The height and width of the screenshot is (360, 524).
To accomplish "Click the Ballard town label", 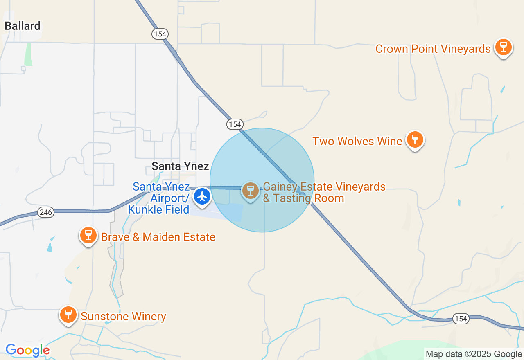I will pos(23,26).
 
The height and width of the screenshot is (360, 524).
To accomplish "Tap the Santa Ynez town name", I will pos(180,166).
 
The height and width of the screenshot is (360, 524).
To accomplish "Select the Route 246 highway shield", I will pos(46,212).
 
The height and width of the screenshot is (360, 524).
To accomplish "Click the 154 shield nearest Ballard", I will pos(160,34).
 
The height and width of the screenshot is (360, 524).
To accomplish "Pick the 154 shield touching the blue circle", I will pos(235,124).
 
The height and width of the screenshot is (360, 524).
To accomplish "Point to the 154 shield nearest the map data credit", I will pos(461,319).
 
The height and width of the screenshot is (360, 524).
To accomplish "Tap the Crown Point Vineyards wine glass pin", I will pos(503,47).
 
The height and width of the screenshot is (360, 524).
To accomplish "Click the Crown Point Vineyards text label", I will pos(433,49).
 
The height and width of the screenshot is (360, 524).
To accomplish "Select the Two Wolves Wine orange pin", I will pos(415,139).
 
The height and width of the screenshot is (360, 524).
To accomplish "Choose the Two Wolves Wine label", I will pos(357,142).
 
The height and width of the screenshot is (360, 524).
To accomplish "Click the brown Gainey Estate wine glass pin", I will pos(251,191).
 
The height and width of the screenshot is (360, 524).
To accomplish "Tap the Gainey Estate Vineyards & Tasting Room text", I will pos(324,193).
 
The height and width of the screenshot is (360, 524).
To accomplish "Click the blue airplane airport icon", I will pos(202,197).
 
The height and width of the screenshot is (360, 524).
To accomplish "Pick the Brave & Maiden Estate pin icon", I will pos(88,236).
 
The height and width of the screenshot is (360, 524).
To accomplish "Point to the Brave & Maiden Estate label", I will pos(158,237).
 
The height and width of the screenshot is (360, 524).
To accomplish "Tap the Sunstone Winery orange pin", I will pos(68,315).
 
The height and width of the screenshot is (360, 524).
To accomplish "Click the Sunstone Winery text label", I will pos(123,316).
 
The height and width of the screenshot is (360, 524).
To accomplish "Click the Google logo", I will pos(27,350).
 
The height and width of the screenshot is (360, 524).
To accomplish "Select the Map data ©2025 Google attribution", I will pos(474,354).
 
